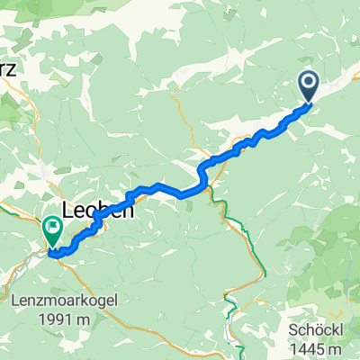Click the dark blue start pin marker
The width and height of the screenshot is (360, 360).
(x=308, y=85)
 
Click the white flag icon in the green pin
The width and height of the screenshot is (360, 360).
(x=53, y=229)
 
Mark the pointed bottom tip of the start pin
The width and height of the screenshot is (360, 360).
(x=308, y=102)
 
